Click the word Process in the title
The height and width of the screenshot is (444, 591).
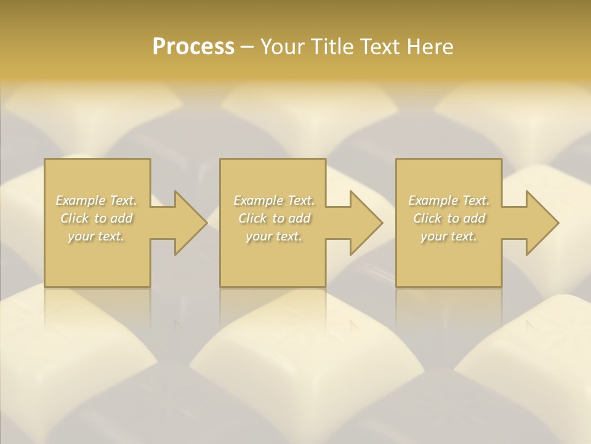point(193,47)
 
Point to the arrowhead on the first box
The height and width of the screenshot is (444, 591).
point(188,223)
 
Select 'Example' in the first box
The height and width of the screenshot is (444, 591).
point(81,200)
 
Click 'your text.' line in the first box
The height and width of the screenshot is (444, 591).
point(96,236)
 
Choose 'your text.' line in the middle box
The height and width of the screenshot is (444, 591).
point(274,236)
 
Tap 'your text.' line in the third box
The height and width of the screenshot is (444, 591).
point(449,236)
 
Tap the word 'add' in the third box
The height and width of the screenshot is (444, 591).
point(474,218)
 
